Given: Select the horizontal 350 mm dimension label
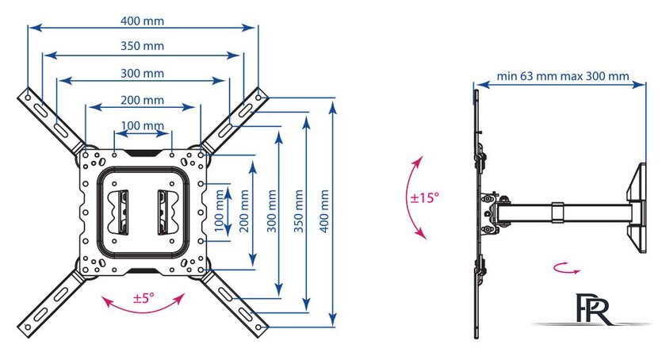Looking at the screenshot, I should click(143, 46).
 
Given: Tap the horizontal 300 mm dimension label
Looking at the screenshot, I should click(143, 73).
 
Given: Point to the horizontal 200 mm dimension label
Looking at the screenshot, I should click(143, 100).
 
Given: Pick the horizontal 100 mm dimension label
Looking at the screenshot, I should click(143, 125).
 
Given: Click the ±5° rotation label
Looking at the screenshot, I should click(144, 299).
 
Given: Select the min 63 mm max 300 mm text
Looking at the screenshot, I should click(563, 77).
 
